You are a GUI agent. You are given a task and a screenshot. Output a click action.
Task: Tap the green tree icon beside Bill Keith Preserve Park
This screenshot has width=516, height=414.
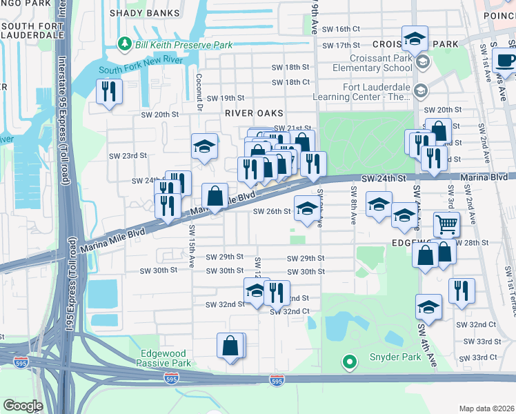click(x=125, y=44)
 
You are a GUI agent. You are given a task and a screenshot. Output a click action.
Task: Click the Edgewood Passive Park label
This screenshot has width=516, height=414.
click(x=165, y=357)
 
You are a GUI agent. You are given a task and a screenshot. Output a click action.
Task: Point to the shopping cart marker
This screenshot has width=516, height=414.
click(x=446, y=224)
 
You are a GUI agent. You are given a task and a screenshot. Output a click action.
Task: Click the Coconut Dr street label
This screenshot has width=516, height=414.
click(x=199, y=91)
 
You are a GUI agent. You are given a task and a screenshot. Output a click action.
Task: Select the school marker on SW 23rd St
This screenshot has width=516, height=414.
click(x=204, y=146)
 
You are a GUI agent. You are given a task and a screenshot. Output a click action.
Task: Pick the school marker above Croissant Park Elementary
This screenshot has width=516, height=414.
click(x=415, y=39)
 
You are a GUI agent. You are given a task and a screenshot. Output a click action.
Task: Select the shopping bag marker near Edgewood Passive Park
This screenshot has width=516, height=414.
click(x=230, y=346)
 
